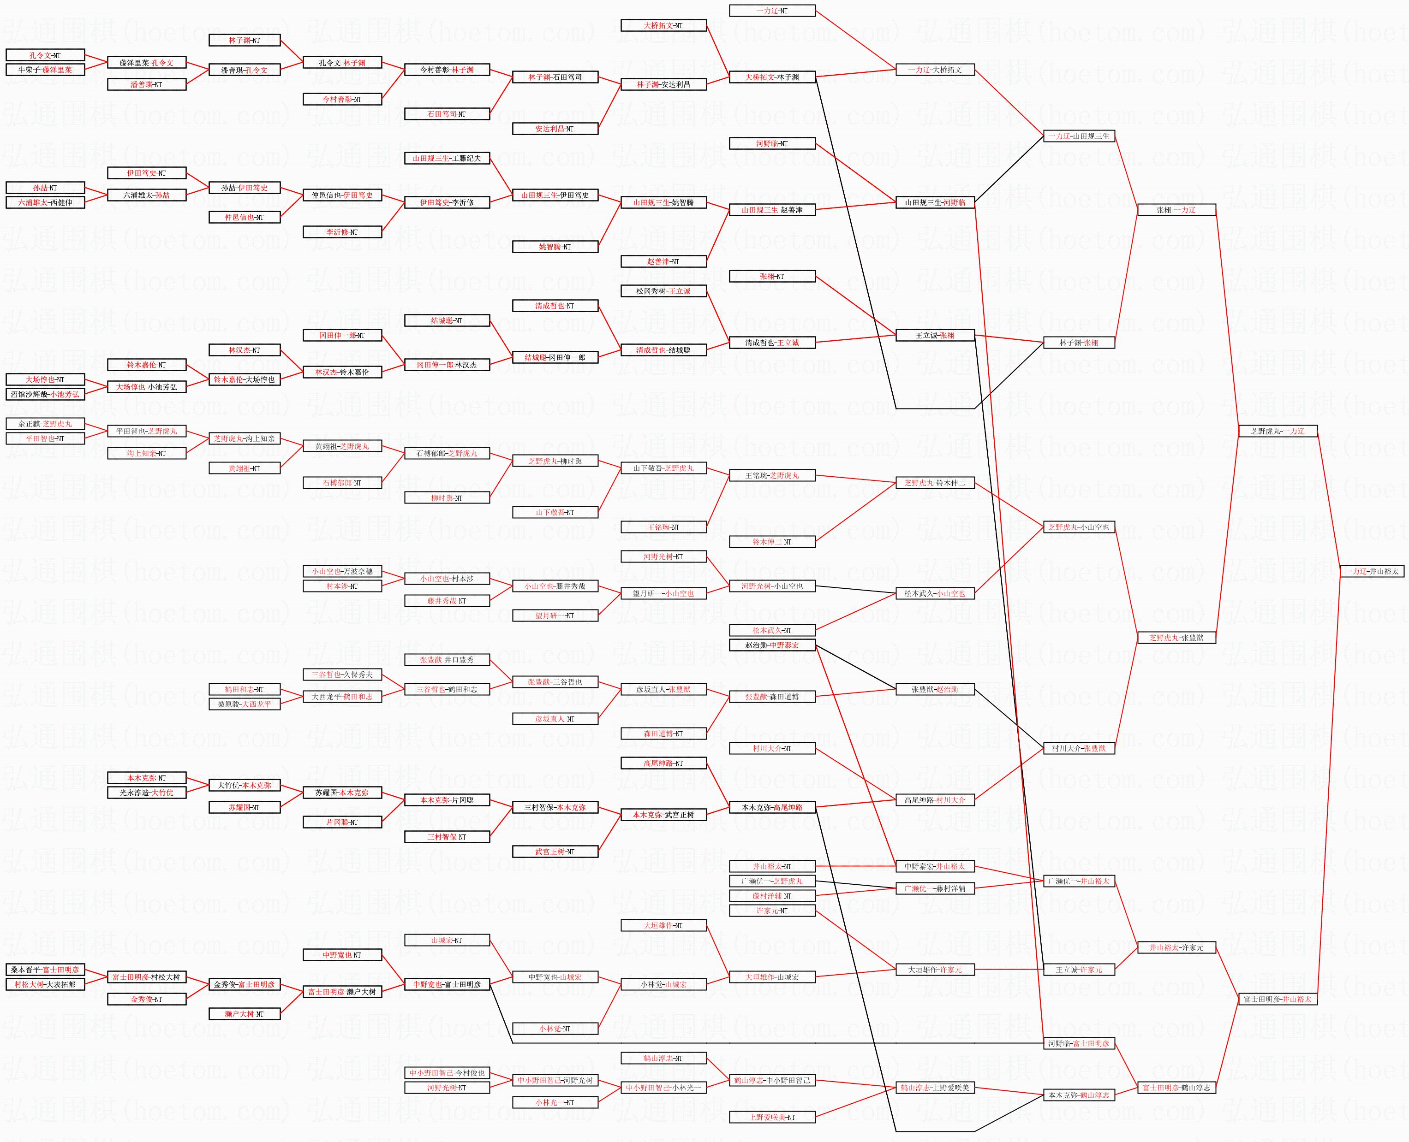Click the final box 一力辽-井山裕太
[1372, 571]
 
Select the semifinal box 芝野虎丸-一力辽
[1278, 431]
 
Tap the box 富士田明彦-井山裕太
[1278, 999]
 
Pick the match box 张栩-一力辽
[1176, 210]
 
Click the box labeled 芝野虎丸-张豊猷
[1176, 638]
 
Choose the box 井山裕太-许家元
[1176, 947]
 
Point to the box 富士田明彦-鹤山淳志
[1176, 1088]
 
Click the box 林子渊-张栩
[1079, 343]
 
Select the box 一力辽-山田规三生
[1079, 136]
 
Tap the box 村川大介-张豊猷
[1079, 748]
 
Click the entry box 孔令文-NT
[45, 55]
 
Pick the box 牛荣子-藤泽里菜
[45, 70]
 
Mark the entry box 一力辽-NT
[772, 11]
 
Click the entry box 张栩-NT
[772, 276]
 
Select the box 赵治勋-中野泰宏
[772, 645]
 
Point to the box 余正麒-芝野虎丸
[45, 424]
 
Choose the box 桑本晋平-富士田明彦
[45, 970]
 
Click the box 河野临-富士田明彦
[1079, 1043]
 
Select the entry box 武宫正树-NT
[555, 851]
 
